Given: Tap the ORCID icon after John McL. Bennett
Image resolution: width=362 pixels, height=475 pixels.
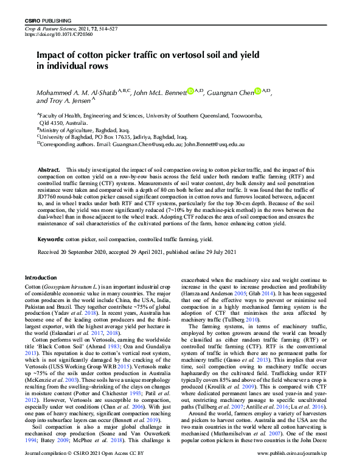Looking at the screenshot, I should point(190,91).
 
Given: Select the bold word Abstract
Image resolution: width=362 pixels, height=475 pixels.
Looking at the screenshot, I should point(49,170).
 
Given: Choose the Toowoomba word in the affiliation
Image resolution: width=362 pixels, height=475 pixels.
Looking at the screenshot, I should point(228,114).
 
